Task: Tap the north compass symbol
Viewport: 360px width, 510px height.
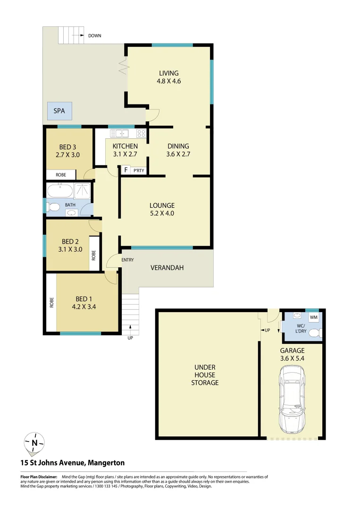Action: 34,442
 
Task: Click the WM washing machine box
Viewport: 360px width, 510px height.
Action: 314,318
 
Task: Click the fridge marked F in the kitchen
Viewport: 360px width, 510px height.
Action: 126,170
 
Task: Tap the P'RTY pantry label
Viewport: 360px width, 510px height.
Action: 139,170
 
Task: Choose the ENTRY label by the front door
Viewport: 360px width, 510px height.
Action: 127,260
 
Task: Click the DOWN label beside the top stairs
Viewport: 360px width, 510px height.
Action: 94,36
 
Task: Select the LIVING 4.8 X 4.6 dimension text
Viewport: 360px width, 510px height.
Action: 169,77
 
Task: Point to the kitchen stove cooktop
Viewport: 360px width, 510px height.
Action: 141,133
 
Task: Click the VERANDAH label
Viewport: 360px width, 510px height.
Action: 167,268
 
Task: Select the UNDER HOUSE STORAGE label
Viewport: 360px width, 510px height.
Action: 205,375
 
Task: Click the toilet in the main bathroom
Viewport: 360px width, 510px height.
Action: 53,206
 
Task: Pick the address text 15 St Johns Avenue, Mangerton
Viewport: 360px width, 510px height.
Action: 72,463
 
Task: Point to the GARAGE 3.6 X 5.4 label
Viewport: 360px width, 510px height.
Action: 293,354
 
